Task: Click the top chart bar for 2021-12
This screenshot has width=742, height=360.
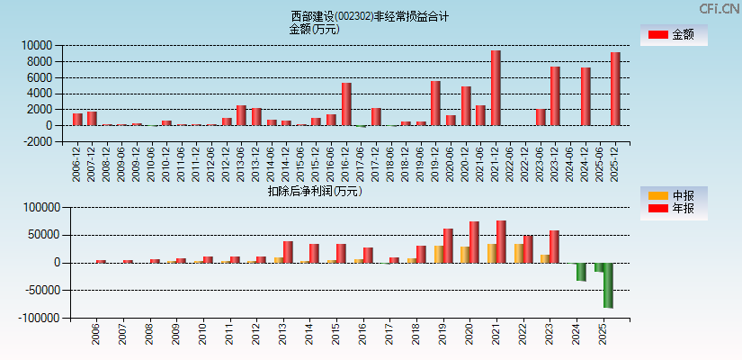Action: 496,88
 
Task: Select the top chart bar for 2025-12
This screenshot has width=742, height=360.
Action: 615,89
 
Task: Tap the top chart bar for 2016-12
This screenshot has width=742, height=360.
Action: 346,104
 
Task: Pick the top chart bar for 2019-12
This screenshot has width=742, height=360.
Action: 435,103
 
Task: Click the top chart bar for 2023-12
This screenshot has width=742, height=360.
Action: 555,96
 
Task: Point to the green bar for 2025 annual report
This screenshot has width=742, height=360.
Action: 608,285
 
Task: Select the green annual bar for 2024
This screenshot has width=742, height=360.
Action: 581,272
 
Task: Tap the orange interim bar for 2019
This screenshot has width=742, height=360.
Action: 439,255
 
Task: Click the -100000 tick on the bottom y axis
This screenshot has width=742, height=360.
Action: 35,319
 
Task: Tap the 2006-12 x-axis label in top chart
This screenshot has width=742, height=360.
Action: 77,162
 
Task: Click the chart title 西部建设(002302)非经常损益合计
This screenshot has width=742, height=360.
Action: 370,16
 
